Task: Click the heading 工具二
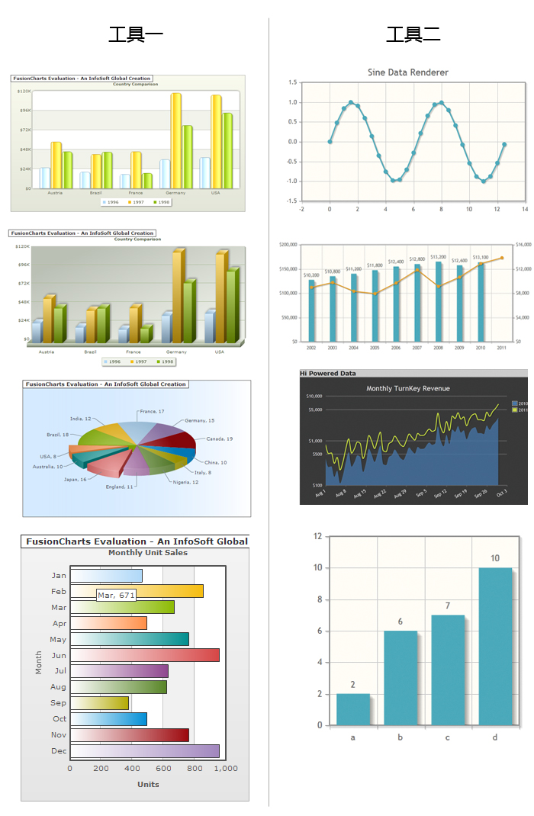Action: click(x=413, y=34)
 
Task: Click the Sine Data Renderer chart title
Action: click(x=408, y=72)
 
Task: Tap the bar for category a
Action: click(x=353, y=710)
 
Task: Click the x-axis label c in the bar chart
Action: click(x=448, y=737)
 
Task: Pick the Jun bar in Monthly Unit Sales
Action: click(x=145, y=655)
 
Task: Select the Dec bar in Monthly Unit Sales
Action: click(x=145, y=750)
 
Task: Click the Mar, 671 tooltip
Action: click(x=116, y=595)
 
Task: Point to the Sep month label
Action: click(x=59, y=703)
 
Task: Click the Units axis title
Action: click(x=148, y=784)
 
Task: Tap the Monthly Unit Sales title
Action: click(x=148, y=553)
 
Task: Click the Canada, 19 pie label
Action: click(x=219, y=439)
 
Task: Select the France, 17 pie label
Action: click(x=152, y=412)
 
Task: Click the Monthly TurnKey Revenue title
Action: click(x=408, y=388)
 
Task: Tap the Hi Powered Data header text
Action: click(x=328, y=373)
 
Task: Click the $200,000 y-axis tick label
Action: click(x=290, y=245)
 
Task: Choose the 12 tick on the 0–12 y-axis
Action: click(x=317, y=536)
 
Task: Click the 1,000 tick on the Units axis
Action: click(x=227, y=769)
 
